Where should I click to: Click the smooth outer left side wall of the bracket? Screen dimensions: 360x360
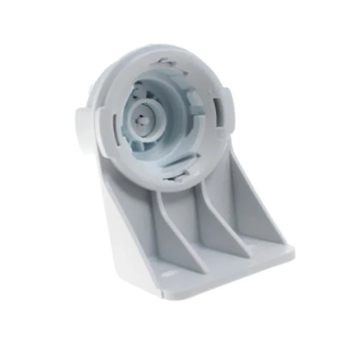click(x=121, y=234)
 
